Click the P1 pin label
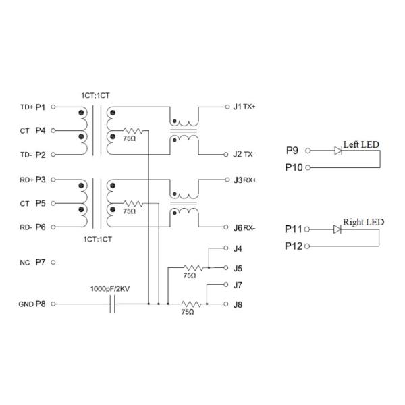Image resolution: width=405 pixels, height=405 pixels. click(40, 107)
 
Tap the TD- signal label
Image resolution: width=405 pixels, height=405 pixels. click(25, 155)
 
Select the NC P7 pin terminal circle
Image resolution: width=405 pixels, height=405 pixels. click(53, 261)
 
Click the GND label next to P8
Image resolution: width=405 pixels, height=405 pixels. click(26, 304)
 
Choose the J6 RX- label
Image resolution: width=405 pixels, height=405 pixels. click(244, 228)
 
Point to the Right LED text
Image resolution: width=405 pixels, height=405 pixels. click(363, 222)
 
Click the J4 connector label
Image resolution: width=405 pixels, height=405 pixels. click(238, 249)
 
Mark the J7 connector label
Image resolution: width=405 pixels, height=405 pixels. click(238, 285)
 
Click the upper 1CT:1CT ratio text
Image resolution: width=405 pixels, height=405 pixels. click(95, 95)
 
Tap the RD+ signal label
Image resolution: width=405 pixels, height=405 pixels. click(26, 180)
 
